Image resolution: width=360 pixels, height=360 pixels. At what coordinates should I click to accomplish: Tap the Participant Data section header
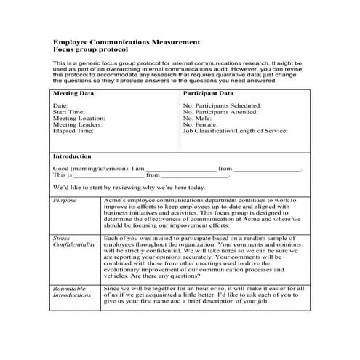(x=208, y=94)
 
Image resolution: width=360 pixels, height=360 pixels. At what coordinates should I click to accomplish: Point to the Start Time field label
(x=69, y=111)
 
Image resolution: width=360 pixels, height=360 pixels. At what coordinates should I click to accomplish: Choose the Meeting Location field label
(x=79, y=118)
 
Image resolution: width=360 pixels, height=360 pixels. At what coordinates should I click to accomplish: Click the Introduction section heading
(x=72, y=156)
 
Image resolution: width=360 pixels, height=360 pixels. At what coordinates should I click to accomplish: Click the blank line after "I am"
(x=186, y=169)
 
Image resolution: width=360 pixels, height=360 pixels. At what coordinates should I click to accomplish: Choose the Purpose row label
(x=65, y=199)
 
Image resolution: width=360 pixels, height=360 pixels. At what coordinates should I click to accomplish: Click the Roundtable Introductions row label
(x=71, y=292)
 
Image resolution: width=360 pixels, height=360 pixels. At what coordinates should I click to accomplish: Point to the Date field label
(x=60, y=105)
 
